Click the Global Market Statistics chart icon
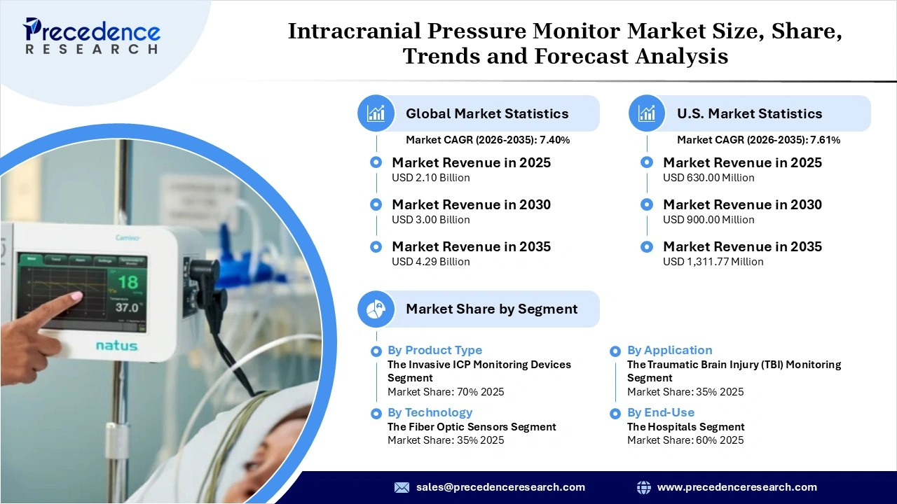click(x=376, y=113)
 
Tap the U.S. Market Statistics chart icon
click(x=648, y=113)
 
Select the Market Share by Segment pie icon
click(x=376, y=309)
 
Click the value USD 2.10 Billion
click(x=430, y=178)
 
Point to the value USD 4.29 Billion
click(x=430, y=262)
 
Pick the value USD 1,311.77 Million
click(x=713, y=262)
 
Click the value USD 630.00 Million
click(x=708, y=178)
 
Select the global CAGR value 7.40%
click(x=554, y=140)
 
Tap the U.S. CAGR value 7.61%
click(x=825, y=140)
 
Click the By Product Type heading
click(x=434, y=350)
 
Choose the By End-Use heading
click(x=661, y=412)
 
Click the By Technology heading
click(x=430, y=412)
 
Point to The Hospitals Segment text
click(x=685, y=426)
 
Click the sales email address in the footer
click(x=500, y=487)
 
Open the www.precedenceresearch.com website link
click(x=737, y=487)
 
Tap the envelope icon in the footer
click(x=402, y=487)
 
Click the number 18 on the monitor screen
click(x=127, y=282)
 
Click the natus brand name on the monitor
click(x=116, y=346)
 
